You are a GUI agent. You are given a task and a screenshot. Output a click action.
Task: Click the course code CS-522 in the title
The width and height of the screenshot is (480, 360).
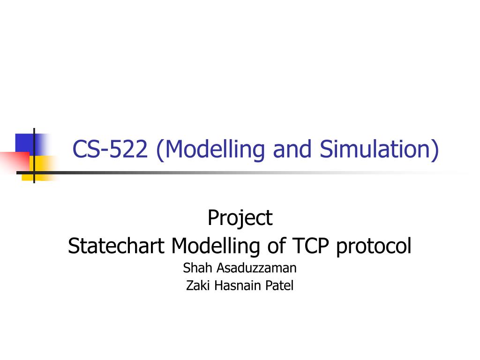pos(111,150)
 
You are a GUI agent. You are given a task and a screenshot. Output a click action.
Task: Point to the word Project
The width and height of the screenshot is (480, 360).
pos(240,217)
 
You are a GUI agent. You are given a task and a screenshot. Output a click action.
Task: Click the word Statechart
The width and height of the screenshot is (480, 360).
pos(117,246)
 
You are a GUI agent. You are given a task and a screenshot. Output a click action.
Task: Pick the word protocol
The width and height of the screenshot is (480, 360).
pos(374,246)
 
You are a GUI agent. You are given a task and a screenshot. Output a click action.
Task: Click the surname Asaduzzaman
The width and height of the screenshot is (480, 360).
pos(256,268)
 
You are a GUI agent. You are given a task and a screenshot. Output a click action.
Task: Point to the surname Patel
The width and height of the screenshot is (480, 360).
pos(280,285)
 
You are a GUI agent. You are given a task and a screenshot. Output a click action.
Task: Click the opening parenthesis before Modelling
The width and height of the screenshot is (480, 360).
pos(160,150)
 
